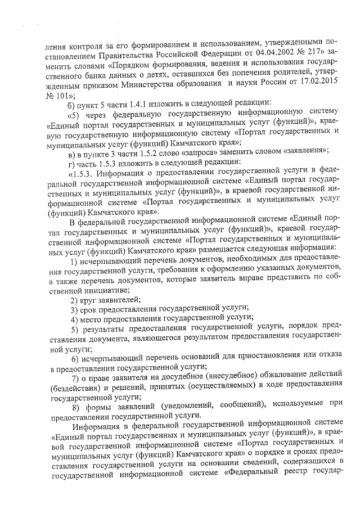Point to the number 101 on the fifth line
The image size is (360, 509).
(58, 96)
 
